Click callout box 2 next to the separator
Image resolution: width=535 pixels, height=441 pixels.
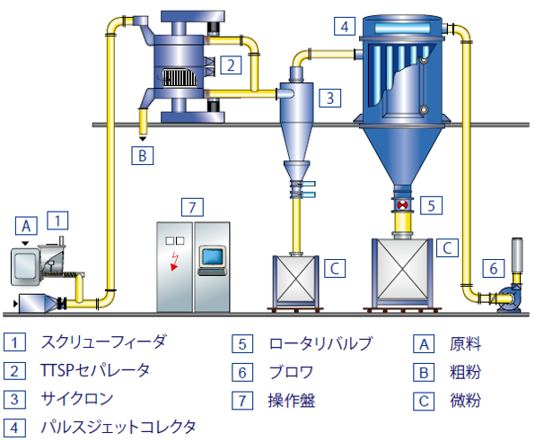tap(231, 65)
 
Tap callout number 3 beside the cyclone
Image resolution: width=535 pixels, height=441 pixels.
tap(330, 98)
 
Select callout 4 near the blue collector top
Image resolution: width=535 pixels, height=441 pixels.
tap(345, 26)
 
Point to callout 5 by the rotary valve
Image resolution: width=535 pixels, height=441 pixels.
tap(431, 205)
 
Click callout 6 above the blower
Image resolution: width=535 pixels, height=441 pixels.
tap(494, 268)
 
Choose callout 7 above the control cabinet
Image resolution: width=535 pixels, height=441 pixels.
tap(192, 207)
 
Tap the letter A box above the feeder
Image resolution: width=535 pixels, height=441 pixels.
tap(26, 226)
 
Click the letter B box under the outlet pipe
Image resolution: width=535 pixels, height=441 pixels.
tap(143, 155)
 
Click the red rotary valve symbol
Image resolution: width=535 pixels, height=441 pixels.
tap(403, 205)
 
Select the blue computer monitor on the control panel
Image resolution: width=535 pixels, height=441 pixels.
tap(213, 256)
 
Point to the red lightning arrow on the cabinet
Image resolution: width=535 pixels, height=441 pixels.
tap(175, 261)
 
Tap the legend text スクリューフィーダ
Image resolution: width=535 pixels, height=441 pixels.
tap(104, 342)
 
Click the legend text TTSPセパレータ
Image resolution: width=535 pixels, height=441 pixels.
tap(95, 370)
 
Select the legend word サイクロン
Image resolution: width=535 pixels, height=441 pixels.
tap(77, 399)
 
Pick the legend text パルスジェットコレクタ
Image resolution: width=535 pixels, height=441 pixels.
tap(118, 428)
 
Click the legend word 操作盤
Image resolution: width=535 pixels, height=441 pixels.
tap(292, 401)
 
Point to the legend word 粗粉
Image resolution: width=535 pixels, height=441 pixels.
tap(465, 372)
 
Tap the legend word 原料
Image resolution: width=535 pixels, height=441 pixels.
tap(465, 343)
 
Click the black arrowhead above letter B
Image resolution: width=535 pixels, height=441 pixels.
tap(143, 139)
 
